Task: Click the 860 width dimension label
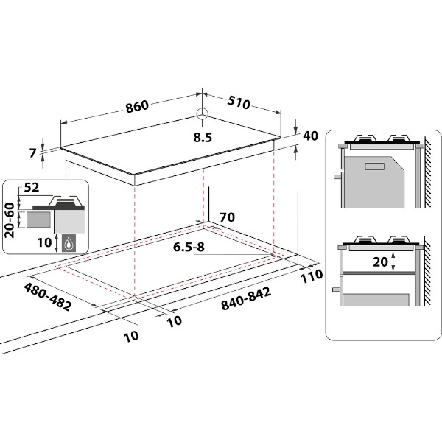pyautogui.click(x=137, y=106)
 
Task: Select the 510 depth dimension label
pyautogui.click(x=238, y=102)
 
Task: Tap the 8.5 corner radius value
pyautogui.click(x=203, y=137)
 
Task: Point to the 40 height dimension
pyautogui.click(x=310, y=136)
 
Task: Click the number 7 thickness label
pyautogui.click(x=32, y=153)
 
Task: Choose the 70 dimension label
pyautogui.click(x=226, y=218)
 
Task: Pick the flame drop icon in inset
pyautogui.click(x=69, y=244)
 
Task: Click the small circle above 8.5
pyautogui.click(x=203, y=113)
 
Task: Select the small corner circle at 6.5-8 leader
pyautogui.click(x=273, y=254)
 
